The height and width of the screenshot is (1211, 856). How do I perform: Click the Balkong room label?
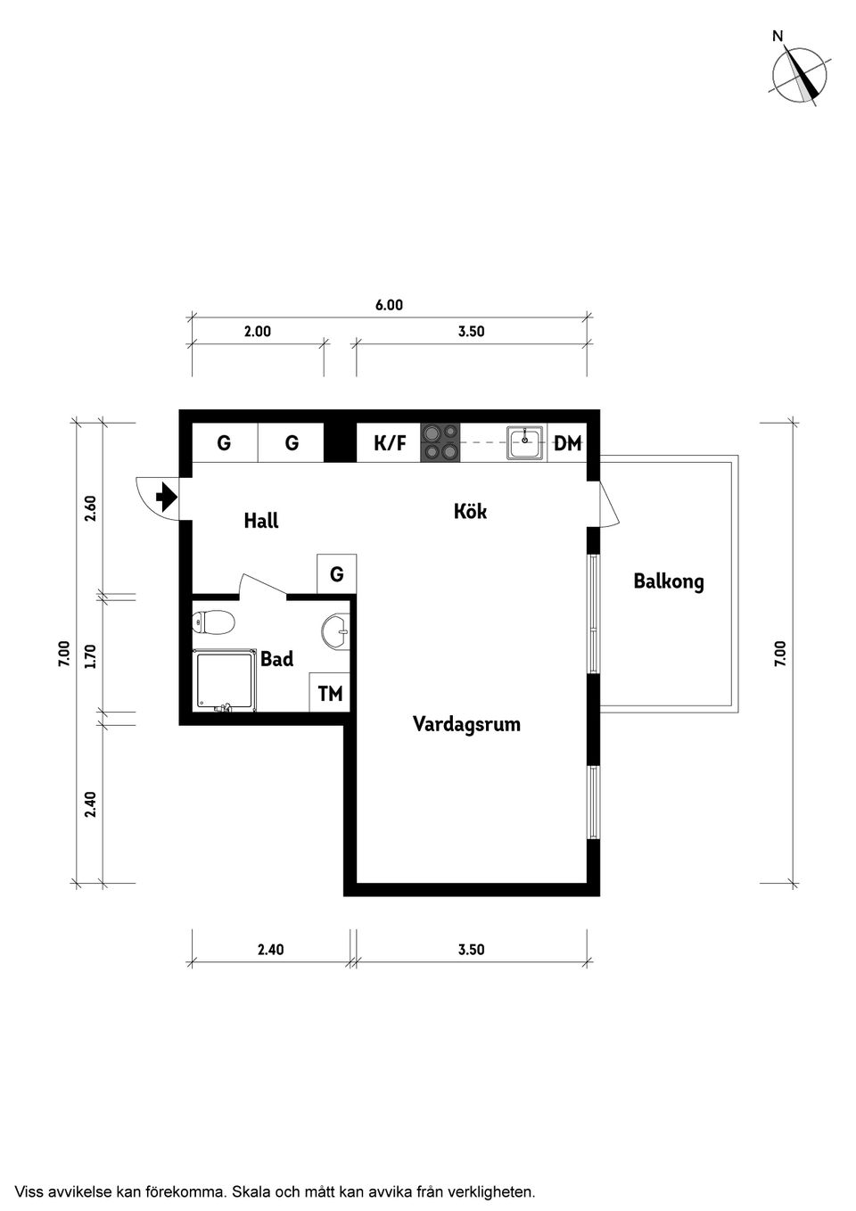pyautogui.click(x=669, y=582)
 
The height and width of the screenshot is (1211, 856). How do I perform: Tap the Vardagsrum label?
pyautogui.click(x=466, y=724)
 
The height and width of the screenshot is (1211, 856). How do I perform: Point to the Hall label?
pyautogui.click(x=261, y=521)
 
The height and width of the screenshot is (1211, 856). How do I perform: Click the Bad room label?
pyautogui.click(x=276, y=659)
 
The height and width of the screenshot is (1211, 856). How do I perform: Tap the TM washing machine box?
pyautogui.click(x=330, y=693)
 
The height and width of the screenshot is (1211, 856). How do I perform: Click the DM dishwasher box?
pyautogui.click(x=567, y=443)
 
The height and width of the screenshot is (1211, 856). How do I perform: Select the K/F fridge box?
pyautogui.click(x=389, y=443)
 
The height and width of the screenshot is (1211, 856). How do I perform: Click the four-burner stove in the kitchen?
pyautogui.click(x=440, y=443)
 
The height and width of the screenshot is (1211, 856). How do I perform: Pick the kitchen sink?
pyautogui.click(x=524, y=442)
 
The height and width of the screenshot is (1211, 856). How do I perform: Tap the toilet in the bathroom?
pyautogui.click(x=213, y=622)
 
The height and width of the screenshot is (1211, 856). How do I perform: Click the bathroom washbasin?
pyautogui.click(x=335, y=630)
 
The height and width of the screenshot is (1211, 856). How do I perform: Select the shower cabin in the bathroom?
pyautogui.click(x=225, y=681)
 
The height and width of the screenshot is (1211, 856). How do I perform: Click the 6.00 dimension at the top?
pyautogui.click(x=389, y=306)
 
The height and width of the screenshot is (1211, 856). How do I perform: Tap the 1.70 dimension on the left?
pyautogui.click(x=91, y=656)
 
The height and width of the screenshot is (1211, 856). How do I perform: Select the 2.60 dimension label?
pyautogui.click(x=91, y=508)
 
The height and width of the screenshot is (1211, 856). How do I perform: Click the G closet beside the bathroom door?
pyautogui.click(x=337, y=574)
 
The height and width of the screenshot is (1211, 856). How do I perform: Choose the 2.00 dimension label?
pyautogui.click(x=257, y=332)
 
